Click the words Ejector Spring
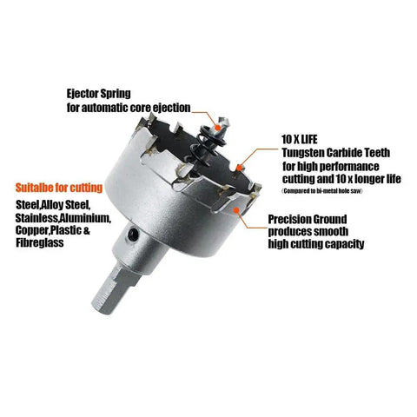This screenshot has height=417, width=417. (x=98, y=94)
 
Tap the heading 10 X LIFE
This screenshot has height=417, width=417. (x=300, y=140)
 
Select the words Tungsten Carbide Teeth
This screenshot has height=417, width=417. (x=336, y=153)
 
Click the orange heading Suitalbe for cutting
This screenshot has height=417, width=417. (x=59, y=188)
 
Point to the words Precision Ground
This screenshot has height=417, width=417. (x=308, y=219)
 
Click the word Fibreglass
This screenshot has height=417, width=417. (x=40, y=242)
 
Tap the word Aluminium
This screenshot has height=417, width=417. (x=85, y=218)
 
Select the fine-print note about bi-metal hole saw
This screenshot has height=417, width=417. (x=322, y=191)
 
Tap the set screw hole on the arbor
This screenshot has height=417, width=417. (x=133, y=234)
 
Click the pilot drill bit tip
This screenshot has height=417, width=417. (x=224, y=121)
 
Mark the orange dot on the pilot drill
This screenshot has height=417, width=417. (x=217, y=127)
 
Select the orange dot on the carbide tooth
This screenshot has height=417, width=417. (x=239, y=168)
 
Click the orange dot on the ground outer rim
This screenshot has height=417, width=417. (x=236, y=210)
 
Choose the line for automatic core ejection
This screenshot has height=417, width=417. (x=129, y=108)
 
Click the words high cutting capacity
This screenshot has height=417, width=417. (x=316, y=244)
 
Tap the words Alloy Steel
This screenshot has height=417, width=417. (x=66, y=205)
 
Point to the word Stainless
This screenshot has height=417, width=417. (x=36, y=218)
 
